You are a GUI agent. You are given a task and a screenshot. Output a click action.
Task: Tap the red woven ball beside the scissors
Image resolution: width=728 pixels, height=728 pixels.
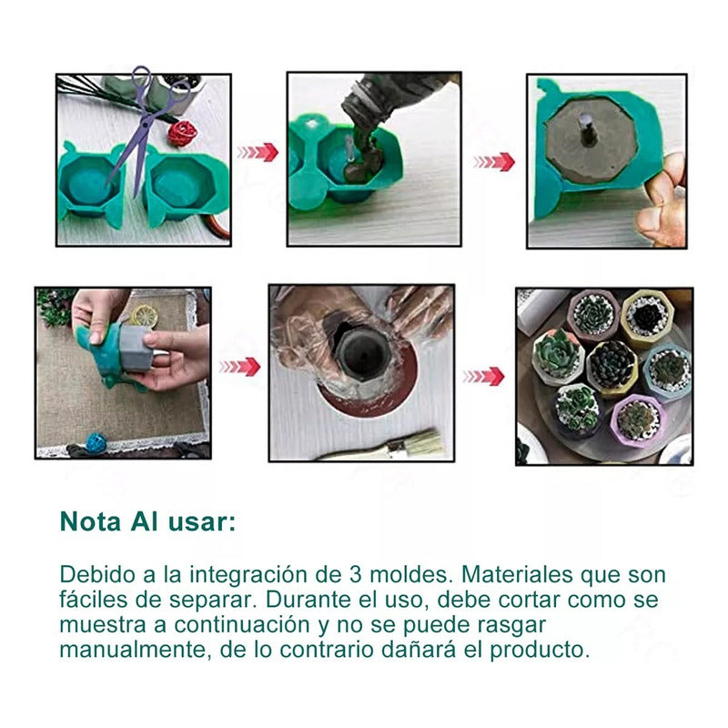coord(182,134)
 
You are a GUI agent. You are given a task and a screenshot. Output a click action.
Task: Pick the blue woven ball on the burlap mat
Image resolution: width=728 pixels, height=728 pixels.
coord(96,442)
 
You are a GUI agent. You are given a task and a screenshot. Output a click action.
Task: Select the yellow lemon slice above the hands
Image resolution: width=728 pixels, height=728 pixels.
coord(144,316)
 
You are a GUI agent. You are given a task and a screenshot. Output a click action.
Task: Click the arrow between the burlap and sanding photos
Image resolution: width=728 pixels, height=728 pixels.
coord(239,366)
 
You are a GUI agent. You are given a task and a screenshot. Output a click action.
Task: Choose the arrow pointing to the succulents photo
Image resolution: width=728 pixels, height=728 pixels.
coord(482,376)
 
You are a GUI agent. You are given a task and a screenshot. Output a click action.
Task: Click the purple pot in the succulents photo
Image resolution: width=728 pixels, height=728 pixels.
coord(637,420)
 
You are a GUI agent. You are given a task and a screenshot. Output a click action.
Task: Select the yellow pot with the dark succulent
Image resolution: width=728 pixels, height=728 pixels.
coord(647,318)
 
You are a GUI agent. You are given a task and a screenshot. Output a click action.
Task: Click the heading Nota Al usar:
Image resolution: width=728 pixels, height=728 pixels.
coord(147,521)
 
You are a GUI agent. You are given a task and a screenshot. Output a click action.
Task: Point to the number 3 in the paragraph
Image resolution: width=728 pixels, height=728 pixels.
coord(356,575)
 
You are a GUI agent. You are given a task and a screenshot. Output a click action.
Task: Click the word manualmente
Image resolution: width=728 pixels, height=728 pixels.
coord(122,651)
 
